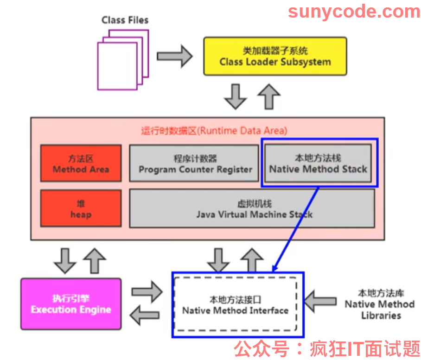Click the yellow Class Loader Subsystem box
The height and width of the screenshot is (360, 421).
coord(275,57)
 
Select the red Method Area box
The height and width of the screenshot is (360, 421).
coord(81,164)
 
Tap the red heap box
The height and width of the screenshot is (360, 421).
coord(81,208)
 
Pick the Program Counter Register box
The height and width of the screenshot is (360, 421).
coord(194,164)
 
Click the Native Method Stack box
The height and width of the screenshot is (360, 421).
coord(318,164)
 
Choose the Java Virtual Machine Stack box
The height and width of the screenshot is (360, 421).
coord(252,208)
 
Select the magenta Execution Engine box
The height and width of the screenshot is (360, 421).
coord(71,304)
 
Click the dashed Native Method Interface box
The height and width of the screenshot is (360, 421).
coord(236,304)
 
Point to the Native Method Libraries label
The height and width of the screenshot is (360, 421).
coord(380,304)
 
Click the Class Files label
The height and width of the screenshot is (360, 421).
coord(125,20)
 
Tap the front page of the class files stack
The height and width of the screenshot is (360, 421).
coord(117,66)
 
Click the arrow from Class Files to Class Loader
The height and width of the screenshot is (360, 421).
coord(174,57)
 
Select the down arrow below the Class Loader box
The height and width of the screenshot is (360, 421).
coord(236,96)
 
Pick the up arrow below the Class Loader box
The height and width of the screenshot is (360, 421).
coord(269,96)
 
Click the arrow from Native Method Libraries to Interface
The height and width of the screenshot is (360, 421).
coord(320,302)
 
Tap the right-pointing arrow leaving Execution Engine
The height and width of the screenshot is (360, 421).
coord(147,291)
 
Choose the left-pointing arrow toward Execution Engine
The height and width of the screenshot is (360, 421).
coord(145,315)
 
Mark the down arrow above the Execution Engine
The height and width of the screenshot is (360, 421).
coord(65,261)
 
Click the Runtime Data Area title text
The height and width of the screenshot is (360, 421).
coord(214,131)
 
